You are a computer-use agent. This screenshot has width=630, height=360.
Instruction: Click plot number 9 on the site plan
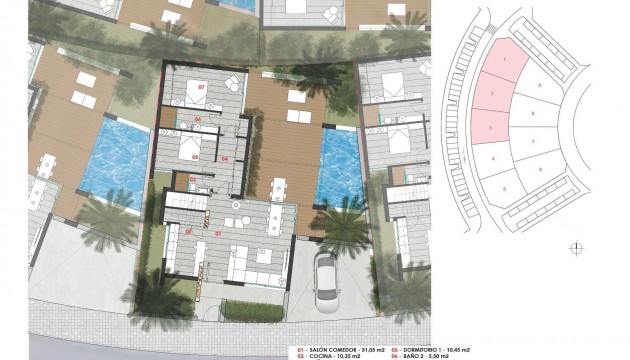541,88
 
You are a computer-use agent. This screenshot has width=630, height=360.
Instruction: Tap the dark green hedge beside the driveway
250,311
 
